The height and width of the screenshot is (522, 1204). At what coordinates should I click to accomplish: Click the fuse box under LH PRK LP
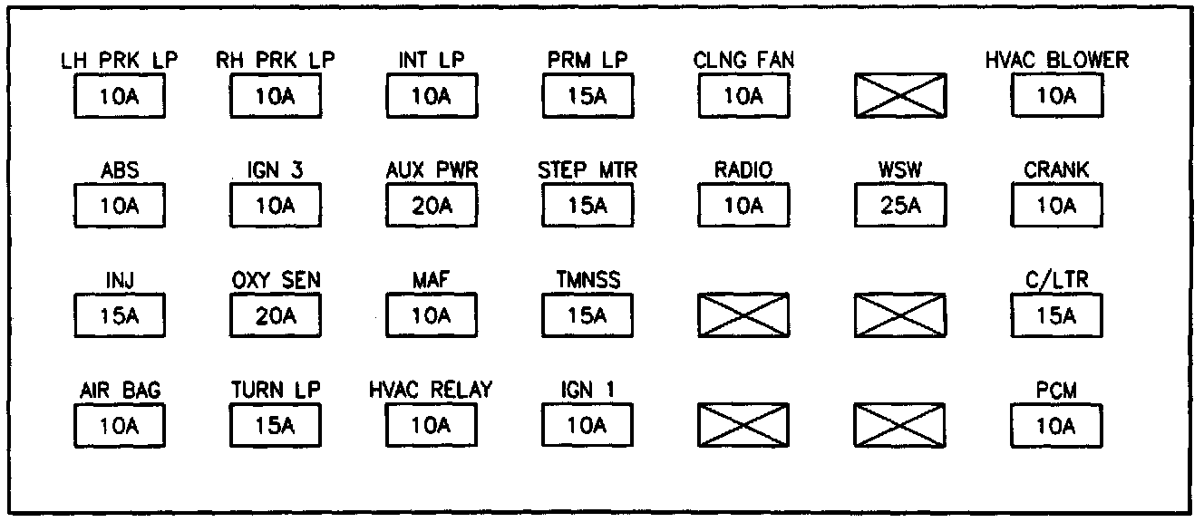(119, 96)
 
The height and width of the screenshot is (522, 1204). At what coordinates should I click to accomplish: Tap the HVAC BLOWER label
(1056, 61)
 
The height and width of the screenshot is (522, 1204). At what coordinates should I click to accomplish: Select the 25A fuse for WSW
(900, 206)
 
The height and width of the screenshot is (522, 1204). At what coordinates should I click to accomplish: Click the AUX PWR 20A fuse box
(432, 206)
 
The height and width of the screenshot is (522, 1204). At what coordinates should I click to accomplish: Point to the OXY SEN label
(276, 281)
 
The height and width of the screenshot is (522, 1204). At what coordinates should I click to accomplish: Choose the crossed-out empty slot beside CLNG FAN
(900, 96)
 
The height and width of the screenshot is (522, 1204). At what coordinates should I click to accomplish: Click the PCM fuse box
(1056, 426)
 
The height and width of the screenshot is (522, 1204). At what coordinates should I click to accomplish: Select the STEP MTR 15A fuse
(587, 206)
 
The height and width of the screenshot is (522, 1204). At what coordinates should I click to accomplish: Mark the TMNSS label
(587, 281)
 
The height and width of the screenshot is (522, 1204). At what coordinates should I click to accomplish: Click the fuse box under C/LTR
(1056, 316)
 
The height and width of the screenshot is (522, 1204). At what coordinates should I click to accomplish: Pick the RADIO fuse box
(743, 206)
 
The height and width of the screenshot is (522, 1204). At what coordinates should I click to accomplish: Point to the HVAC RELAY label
(432, 391)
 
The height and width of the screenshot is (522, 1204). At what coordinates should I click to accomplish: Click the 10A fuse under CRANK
(1056, 206)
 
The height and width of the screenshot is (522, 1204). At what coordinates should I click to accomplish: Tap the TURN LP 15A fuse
(276, 426)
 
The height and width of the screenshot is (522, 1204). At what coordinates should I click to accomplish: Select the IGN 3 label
(276, 170)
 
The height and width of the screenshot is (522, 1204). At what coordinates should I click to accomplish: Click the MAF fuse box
(432, 316)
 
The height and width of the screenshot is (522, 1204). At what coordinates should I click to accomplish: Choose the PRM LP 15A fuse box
(587, 96)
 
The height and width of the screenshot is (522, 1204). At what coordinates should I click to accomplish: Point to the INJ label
(119, 281)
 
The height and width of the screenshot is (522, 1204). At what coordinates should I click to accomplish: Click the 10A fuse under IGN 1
(587, 426)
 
